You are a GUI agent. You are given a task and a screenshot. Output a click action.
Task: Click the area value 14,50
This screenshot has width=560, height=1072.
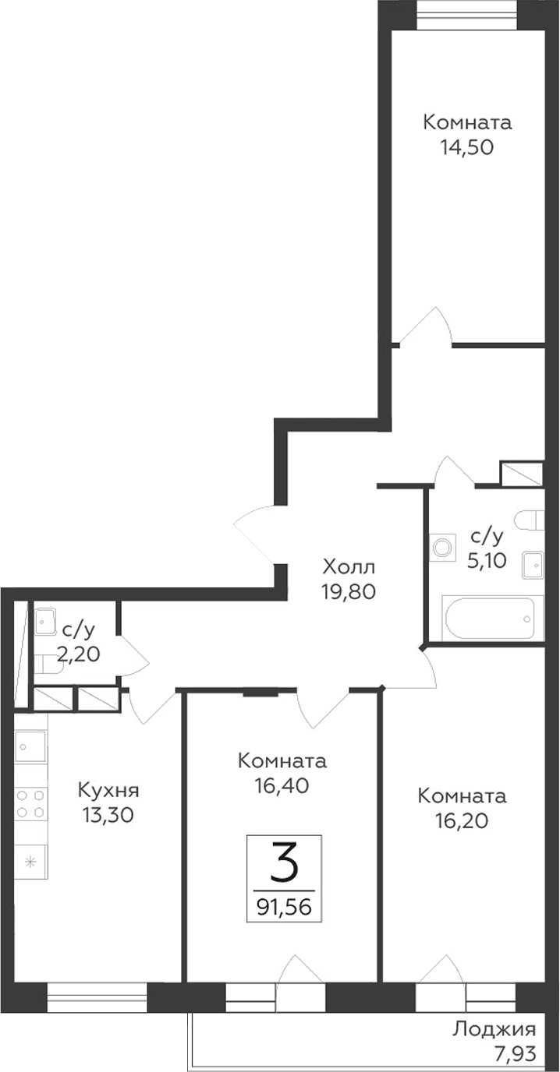click(467, 147)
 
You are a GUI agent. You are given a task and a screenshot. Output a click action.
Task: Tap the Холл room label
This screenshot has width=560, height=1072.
click(349, 566)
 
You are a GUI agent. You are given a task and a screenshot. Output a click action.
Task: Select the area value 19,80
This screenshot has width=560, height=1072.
click(349, 591)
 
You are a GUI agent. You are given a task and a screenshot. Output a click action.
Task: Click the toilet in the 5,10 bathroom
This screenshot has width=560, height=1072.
click(529, 520)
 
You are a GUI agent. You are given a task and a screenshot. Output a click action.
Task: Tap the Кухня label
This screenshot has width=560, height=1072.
click(108, 791)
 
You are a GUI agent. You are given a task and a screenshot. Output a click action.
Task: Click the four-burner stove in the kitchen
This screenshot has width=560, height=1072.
click(30, 803)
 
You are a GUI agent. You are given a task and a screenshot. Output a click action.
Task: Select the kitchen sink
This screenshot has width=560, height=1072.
click(30, 748)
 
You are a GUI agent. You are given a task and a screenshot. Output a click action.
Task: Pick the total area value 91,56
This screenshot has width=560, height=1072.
click(285, 906)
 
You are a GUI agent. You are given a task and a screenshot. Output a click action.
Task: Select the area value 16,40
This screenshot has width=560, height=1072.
click(282, 786)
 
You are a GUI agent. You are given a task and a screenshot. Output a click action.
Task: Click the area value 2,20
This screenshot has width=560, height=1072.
click(78, 654)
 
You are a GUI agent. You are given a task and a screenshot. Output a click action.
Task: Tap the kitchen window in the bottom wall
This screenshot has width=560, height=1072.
click(97, 997)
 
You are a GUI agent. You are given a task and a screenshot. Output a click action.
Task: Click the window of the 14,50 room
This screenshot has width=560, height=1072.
click(466, 15)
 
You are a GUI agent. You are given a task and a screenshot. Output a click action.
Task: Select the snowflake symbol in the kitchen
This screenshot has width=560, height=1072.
click(30, 861)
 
